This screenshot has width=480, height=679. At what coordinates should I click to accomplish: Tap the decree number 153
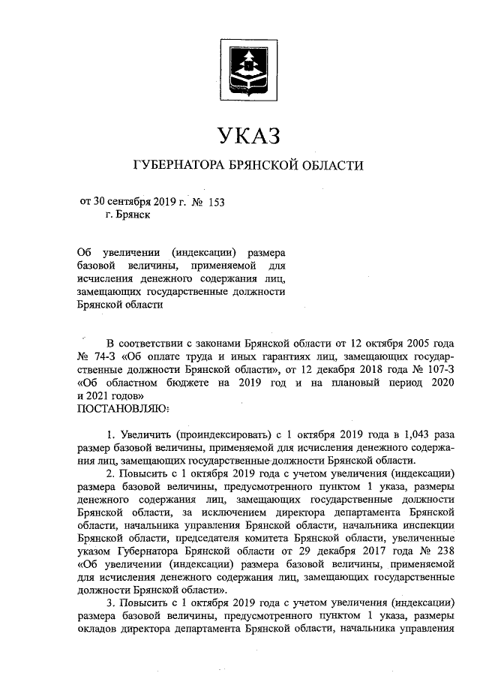click(215, 201)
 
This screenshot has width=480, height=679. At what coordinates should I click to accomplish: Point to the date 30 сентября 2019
click(138, 201)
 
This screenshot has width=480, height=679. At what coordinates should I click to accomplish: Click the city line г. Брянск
click(127, 215)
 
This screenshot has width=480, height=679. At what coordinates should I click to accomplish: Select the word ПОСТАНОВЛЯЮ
click(123, 408)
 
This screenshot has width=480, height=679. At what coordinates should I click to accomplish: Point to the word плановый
click(357, 383)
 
